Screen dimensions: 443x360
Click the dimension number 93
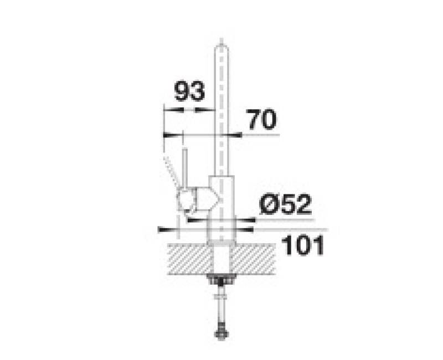(x=189, y=91)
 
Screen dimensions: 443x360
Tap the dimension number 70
(x=261, y=120)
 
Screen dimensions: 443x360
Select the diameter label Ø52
(x=285, y=204)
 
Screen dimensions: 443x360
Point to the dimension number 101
(x=303, y=245)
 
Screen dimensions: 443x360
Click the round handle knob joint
(x=186, y=200)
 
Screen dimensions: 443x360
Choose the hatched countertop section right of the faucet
(x=254, y=259)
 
